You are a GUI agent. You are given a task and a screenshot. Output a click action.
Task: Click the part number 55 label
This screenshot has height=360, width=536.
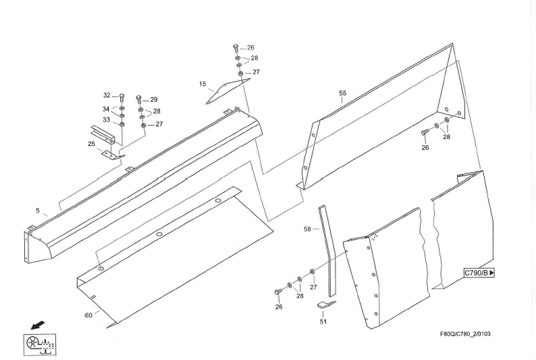342,93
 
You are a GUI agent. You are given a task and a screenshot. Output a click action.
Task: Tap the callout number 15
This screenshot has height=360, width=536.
203,84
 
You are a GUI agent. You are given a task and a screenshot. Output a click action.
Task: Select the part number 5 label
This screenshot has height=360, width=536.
38,211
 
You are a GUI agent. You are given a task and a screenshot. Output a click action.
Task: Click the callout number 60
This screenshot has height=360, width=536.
88,315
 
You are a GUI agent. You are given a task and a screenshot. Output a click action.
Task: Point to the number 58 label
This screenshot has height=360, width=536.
307,229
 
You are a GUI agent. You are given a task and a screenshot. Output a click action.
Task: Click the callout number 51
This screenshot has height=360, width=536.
323,322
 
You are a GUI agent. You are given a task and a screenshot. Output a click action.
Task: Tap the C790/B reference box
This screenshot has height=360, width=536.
479,273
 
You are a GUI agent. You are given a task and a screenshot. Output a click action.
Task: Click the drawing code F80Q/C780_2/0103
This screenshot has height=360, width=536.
465,334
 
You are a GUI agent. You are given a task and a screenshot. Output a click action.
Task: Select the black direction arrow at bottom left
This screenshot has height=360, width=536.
38,325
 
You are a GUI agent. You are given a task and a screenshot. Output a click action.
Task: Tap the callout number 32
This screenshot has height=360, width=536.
107,95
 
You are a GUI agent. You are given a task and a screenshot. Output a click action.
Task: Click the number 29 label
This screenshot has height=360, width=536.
154,99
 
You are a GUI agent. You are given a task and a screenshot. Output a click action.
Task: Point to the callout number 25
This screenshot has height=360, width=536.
91,144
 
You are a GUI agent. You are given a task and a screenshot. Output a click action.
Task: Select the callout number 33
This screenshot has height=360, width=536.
106,120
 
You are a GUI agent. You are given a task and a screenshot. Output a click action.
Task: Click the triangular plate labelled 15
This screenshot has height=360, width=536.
227,91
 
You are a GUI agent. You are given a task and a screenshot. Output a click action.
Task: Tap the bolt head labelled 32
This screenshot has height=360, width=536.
122,97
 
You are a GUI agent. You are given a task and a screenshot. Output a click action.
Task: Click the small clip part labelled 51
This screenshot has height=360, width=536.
327,304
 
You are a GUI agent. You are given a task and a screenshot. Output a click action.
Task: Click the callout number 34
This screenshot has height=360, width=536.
106,109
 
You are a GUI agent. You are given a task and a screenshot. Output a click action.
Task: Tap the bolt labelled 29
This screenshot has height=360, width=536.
139,100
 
